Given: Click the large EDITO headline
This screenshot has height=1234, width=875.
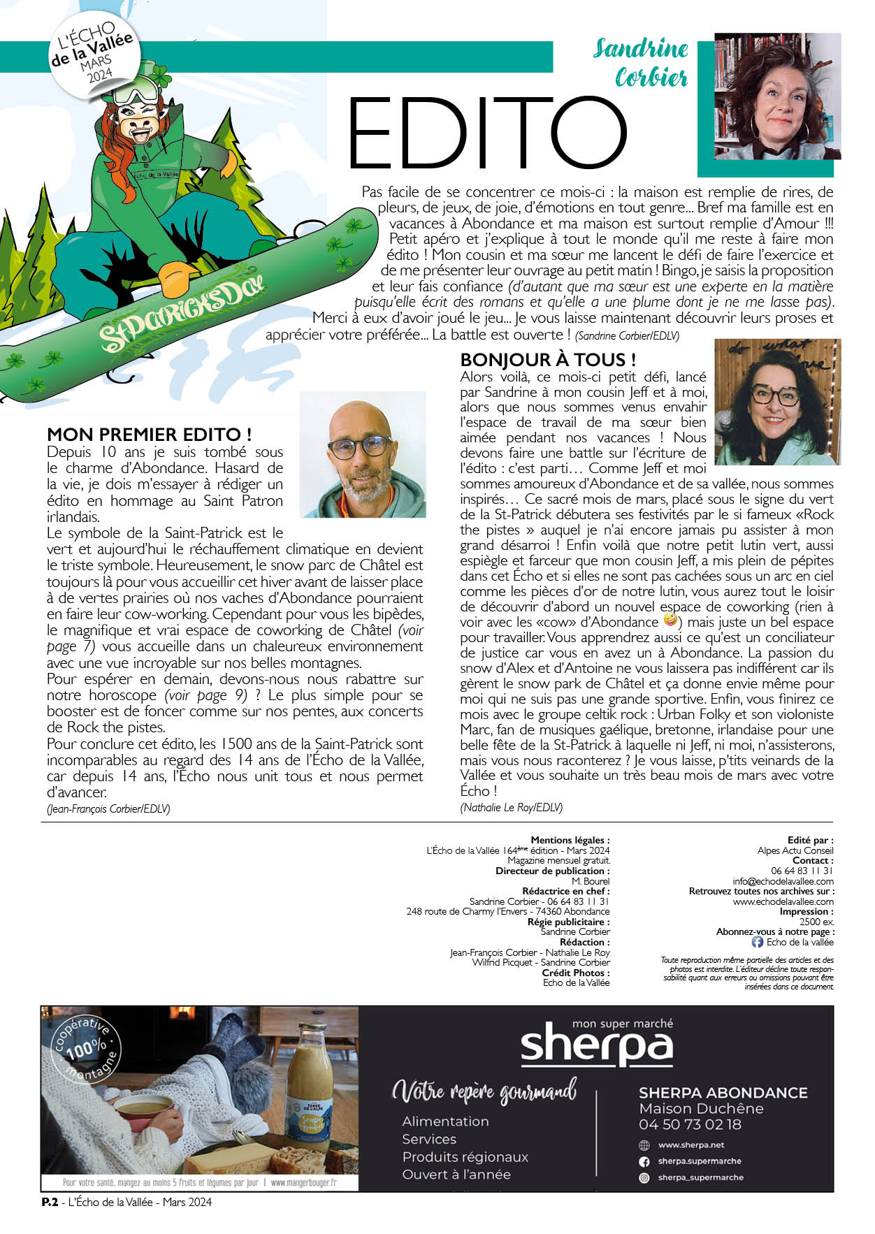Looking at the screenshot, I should tap(487, 134).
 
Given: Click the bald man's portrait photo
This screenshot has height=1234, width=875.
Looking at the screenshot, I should tap(363, 455).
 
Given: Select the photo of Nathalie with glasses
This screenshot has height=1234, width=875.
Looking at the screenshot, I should tap(777, 402).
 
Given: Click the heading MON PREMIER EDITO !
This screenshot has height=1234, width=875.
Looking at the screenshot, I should tap(149, 435).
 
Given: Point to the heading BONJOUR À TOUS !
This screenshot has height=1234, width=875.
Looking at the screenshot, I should tap(548, 360).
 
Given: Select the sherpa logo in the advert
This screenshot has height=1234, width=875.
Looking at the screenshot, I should tap(596, 1045).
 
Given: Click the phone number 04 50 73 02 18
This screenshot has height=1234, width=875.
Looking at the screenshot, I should tap(690, 1124).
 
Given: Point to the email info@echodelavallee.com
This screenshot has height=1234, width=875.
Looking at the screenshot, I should tap(783, 881).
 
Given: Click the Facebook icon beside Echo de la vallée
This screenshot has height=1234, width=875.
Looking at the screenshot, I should tap(757, 942).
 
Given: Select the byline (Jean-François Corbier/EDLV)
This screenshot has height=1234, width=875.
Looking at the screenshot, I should tap(108, 808).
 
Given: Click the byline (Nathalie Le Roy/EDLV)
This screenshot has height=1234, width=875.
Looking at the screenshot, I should tap(511, 807).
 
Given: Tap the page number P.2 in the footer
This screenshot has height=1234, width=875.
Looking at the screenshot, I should tap(49, 1202).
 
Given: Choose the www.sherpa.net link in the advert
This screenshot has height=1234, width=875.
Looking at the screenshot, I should tap(690, 1145).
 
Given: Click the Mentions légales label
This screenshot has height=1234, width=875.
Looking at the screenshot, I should tap(570, 840).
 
